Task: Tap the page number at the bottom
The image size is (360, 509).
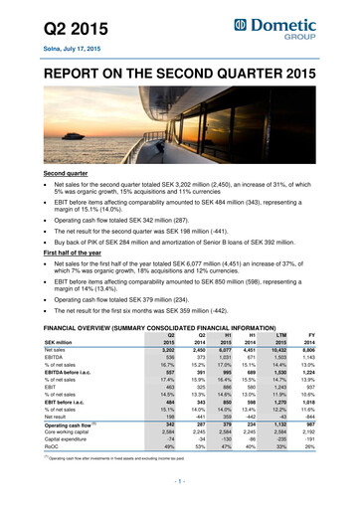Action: (x=180, y=500)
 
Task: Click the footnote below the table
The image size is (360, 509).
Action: (x=129, y=487)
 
